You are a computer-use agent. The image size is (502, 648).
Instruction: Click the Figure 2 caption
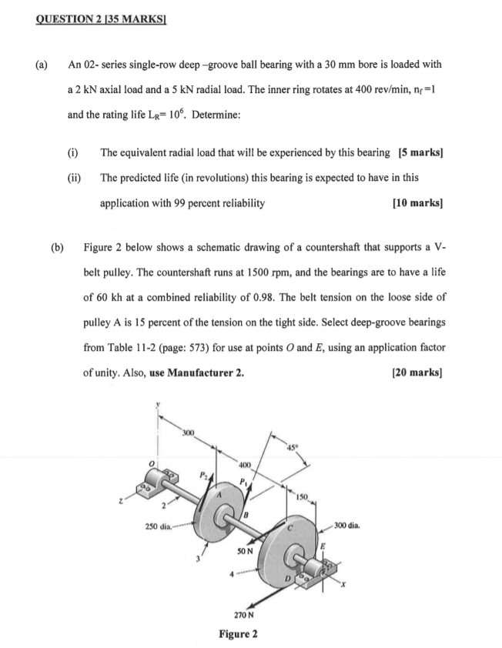coord(239,634)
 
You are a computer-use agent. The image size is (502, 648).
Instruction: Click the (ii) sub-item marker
coord(75,177)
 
